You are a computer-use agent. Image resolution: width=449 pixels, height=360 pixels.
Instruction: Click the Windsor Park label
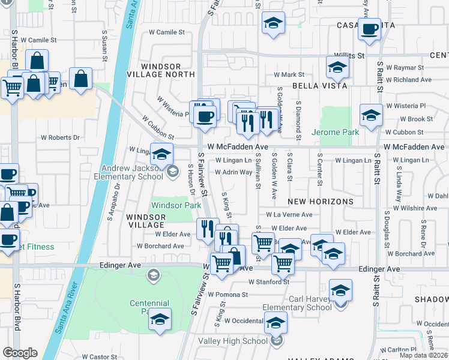click(x=176, y=205)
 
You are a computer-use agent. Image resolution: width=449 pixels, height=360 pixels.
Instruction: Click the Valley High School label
click(x=240, y=341)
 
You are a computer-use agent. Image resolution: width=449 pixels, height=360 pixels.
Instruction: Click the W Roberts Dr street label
click(x=60, y=137)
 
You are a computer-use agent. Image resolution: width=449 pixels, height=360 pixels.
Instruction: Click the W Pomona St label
click(x=228, y=295)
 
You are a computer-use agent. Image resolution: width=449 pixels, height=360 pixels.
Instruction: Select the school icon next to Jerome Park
click(x=371, y=115)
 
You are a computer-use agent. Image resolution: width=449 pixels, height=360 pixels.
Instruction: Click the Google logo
click(x=20, y=353)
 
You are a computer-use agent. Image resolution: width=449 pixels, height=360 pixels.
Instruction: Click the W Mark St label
click(x=289, y=75)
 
